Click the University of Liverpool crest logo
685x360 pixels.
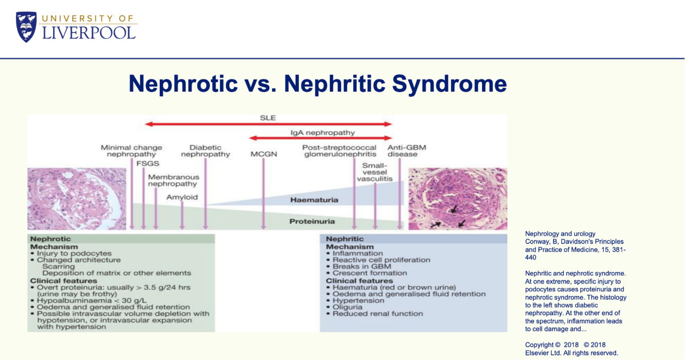pos(26,27)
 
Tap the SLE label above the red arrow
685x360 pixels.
pos(268,118)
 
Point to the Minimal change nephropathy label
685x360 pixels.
pos(131,151)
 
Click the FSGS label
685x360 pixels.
pos(148,164)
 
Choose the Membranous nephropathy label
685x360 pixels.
pos(174,180)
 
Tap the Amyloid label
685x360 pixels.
pos(182,197)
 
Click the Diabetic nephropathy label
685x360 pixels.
pos(205,151)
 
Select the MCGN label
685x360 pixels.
pos(264,154)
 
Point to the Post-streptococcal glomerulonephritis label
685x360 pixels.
pos(339,151)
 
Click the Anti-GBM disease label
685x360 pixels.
pos(407,151)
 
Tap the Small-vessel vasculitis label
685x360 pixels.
pos(375,172)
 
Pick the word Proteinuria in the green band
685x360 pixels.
pos(312,221)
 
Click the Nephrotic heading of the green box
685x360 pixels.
pos(50,239)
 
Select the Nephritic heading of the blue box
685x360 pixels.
pos(345,239)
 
